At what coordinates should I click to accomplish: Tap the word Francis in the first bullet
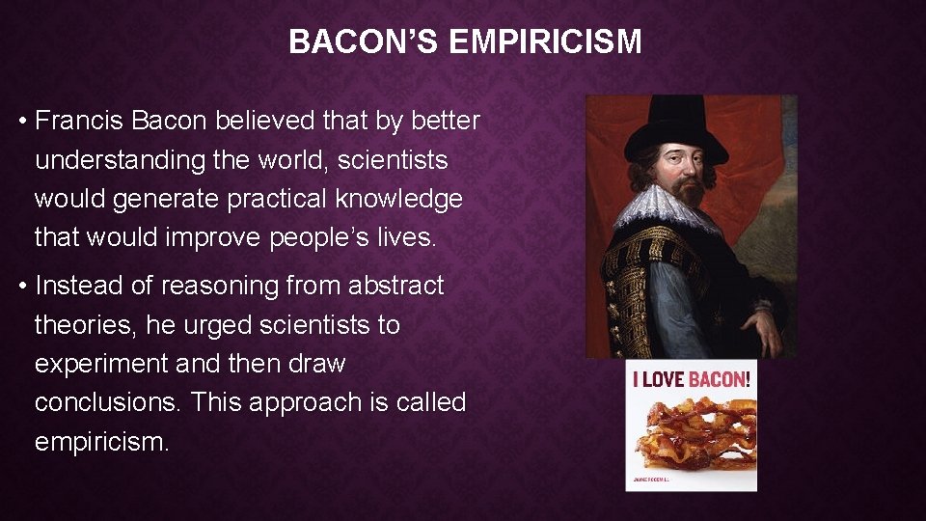79,121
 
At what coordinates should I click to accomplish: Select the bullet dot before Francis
20,122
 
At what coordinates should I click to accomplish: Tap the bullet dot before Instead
20,287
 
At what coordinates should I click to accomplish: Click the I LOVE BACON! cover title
691,379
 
